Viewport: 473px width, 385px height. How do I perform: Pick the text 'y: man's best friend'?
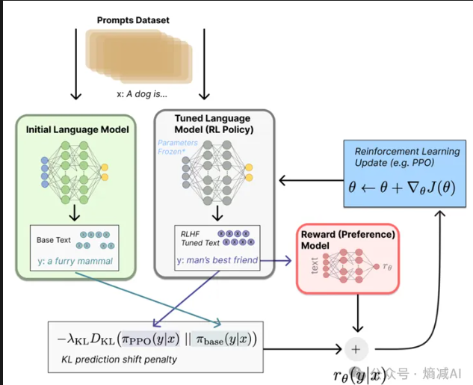click(217, 260)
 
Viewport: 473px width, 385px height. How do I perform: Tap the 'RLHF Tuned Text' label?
click(197, 237)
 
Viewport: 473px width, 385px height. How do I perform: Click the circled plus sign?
click(355, 348)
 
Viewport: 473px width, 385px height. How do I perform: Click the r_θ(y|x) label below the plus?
click(359, 373)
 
